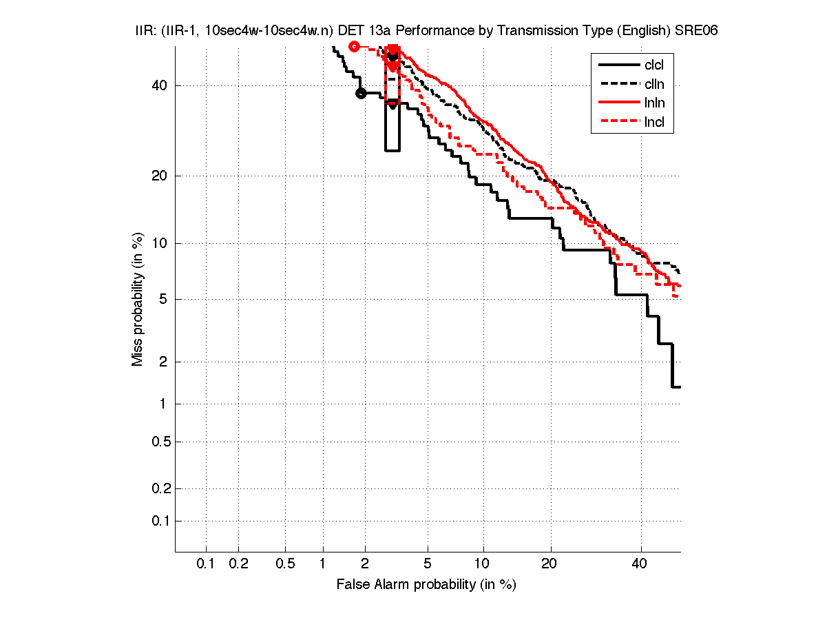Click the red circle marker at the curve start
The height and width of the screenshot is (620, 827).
point(354,46)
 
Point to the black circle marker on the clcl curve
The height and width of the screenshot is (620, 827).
point(361,93)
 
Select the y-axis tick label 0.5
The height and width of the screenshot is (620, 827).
point(158,442)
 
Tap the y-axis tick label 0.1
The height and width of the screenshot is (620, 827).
point(158,521)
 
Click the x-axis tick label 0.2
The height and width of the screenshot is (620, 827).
point(239,564)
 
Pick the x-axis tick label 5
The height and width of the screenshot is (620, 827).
point(428,564)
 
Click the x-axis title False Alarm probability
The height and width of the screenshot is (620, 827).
point(426,585)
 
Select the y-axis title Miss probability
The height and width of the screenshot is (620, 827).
point(138,302)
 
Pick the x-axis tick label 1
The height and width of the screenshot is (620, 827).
point(323,564)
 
